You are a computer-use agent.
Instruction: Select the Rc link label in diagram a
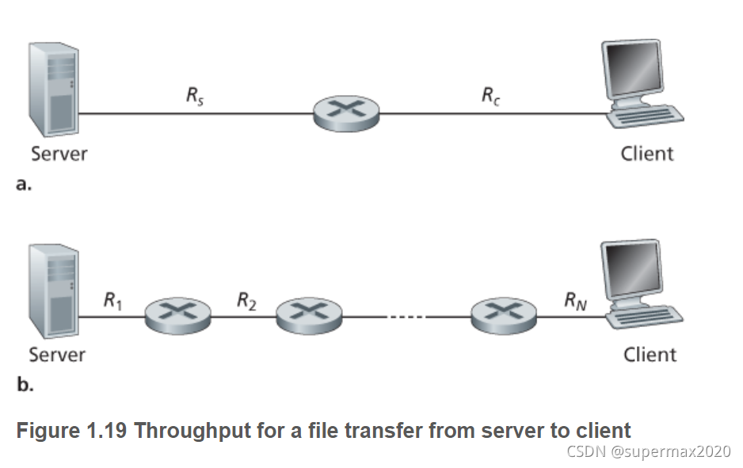490,97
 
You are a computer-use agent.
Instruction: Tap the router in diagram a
346,113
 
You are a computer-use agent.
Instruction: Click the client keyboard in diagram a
646,116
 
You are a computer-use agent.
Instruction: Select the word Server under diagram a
59,153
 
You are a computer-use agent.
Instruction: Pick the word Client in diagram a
646,154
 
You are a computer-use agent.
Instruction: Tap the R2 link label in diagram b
246,300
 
